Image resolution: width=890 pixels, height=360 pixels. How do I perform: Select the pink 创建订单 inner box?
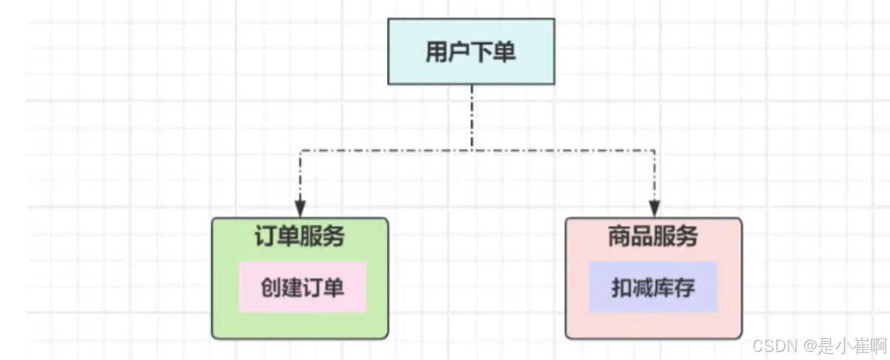pyautogui.click(x=303, y=287)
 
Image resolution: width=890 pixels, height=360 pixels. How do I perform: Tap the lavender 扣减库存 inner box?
pyautogui.click(x=653, y=287)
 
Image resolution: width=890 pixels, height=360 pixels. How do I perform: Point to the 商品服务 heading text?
pyautogui.click(x=653, y=237)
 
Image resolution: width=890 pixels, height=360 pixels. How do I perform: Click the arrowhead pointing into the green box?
pyautogui.click(x=300, y=209)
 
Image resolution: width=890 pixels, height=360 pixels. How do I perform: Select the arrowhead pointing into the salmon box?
pyautogui.click(x=654, y=209)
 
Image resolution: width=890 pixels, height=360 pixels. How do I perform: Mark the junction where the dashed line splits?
pyautogui.click(x=471, y=151)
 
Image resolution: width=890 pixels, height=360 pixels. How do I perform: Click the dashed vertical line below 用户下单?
pyautogui.click(x=471, y=118)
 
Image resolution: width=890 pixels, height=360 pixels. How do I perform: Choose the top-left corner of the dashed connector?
pyautogui.click(x=300, y=151)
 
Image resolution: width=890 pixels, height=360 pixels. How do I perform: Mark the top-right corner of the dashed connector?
pyautogui.click(x=654, y=151)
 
